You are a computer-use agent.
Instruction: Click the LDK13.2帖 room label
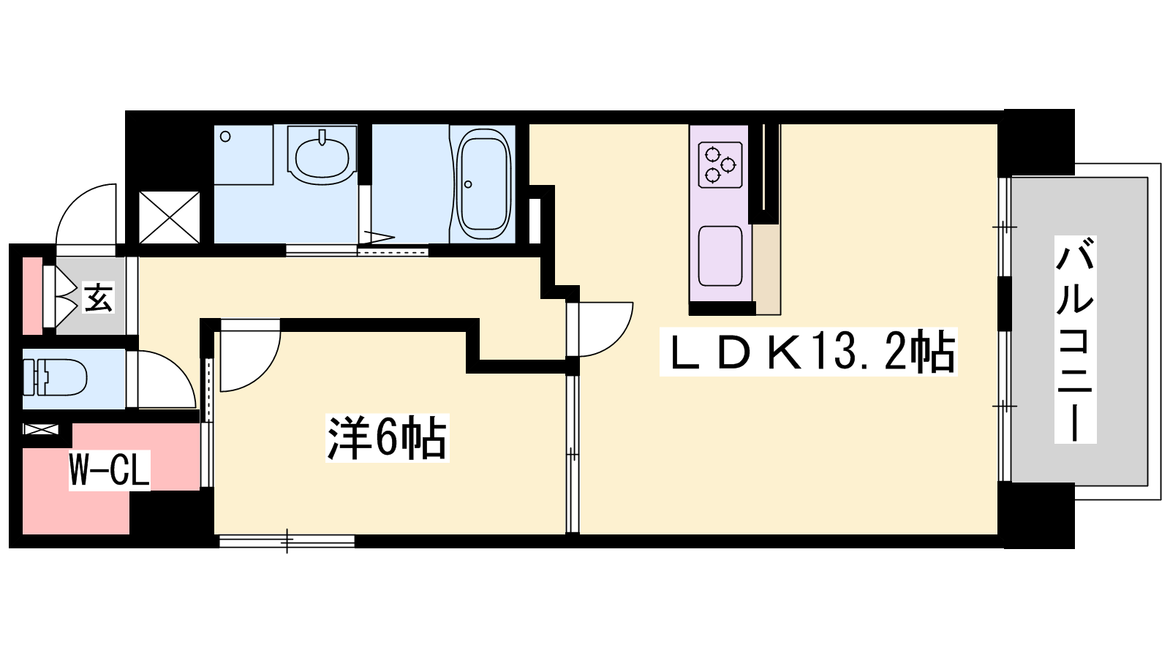click(x=808, y=352)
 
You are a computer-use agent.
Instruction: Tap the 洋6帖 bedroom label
click(x=387, y=438)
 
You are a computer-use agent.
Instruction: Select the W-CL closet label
click(x=110, y=470)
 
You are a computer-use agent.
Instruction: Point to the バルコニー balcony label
click(x=1075, y=339)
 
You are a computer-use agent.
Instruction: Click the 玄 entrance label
click(x=98, y=298)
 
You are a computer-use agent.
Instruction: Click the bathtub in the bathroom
click(x=483, y=184)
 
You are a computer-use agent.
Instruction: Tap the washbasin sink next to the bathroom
click(x=322, y=156)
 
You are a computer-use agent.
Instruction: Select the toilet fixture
click(x=54, y=377)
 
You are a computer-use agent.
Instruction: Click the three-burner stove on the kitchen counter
click(x=721, y=164)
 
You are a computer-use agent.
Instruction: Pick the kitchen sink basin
click(x=720, y=256)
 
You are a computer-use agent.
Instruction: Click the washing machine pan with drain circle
click(x=244, y=154)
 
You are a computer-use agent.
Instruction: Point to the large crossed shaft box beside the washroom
click(x=169, y=217)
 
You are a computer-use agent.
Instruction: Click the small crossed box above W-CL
click(x=41, y=430)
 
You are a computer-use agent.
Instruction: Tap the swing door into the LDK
click(x=600, y=330)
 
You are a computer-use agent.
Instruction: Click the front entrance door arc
click(x=86, y=215)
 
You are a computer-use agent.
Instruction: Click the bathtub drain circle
click(x=468, y=184)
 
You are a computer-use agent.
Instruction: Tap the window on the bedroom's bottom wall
click(x=287, y=541)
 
